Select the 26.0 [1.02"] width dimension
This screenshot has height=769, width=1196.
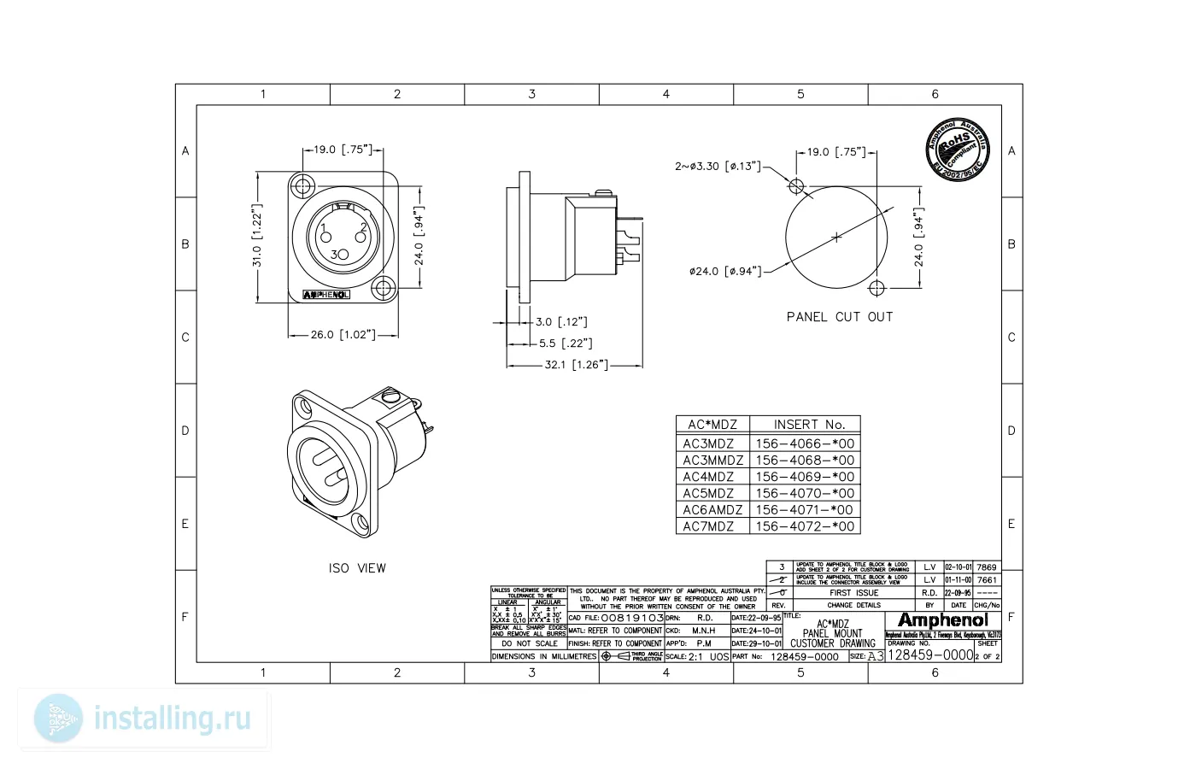pos(343,335)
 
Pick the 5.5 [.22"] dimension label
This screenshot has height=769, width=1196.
pos(565,343)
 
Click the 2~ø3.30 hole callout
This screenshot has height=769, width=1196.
pos(718,167)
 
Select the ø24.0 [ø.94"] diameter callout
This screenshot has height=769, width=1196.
pos(725,272)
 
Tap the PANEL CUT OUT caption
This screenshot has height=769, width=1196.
pos(839,317)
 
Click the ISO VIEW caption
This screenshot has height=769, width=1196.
pos(357,568)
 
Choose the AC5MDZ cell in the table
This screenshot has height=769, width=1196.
pos(708,493)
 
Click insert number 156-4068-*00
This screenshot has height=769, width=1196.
pos(805,461)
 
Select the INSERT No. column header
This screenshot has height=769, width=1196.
pos(808,425)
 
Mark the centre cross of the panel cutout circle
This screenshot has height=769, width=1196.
pos(836,237)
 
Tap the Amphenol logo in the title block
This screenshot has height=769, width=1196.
pos(942,620)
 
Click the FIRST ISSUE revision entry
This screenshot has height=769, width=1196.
pos(853,593)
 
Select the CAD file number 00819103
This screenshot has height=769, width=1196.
pos(632,618)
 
